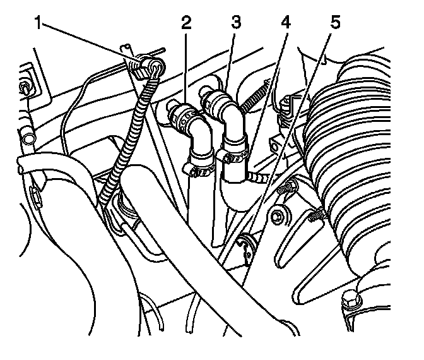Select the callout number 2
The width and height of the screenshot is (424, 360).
click(x=185, y=24)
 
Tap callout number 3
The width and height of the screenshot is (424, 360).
click(x=235, y=23)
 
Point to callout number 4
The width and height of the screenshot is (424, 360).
click(x=285, y=23)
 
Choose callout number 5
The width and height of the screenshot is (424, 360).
click(x=334, y=23)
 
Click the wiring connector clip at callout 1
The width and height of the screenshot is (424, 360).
click(x=150, y=65)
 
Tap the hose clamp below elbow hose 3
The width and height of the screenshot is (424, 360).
click(x=234, y=152)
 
